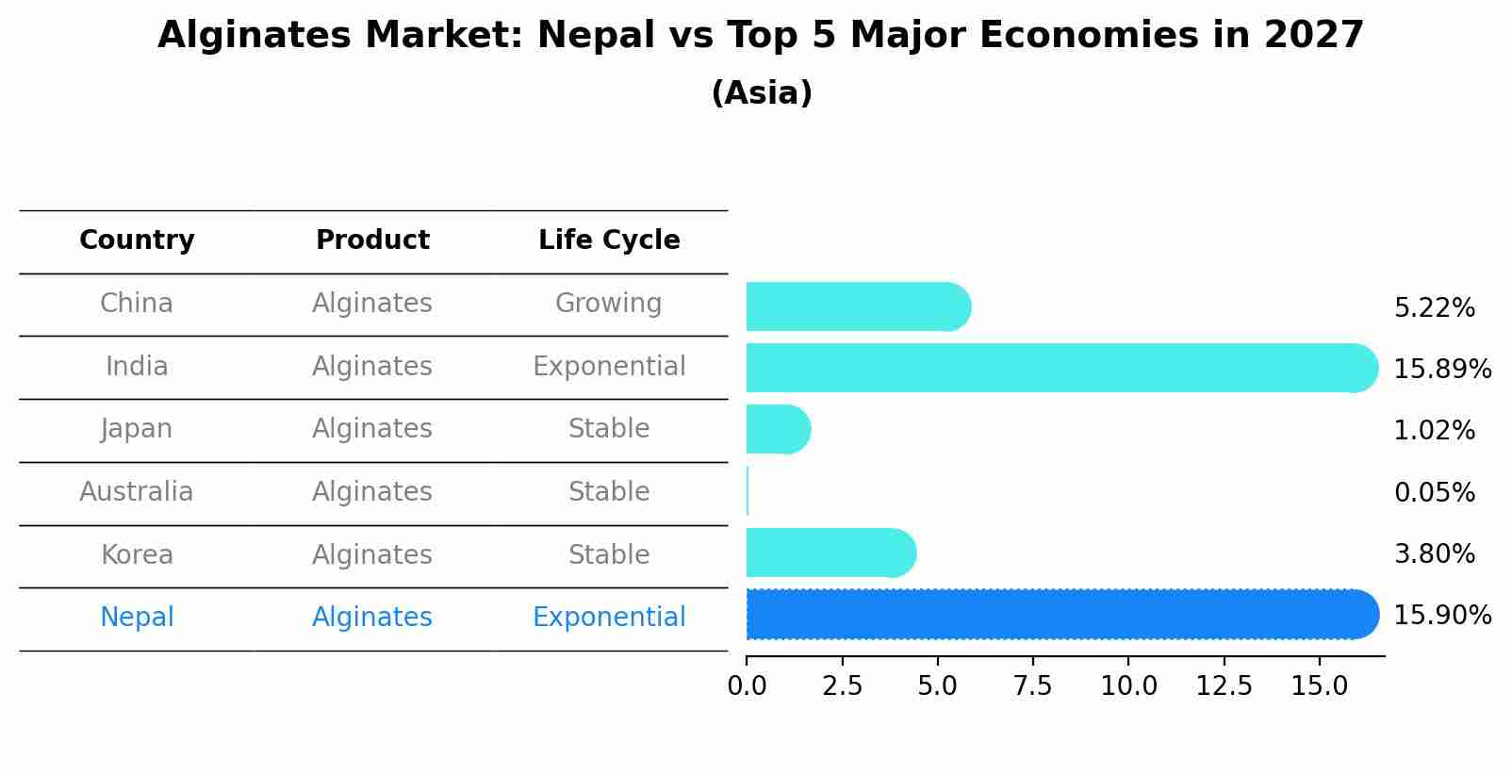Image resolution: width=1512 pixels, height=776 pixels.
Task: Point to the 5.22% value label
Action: (1434, 308)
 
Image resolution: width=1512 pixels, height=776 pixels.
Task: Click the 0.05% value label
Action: (1434, 492)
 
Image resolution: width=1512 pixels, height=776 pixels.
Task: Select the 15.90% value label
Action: (1442, 616)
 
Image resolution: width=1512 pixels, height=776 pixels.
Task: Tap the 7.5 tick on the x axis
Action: (1032, 686)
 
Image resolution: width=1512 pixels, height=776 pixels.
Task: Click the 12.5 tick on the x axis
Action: (1224, 686)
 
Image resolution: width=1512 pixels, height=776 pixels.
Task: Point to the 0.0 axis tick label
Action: (747, 686)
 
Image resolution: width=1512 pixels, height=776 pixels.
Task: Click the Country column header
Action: (137, 240)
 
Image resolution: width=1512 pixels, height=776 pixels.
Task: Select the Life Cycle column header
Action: (609, 240)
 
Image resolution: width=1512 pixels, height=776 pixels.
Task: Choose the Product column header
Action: (372, 240)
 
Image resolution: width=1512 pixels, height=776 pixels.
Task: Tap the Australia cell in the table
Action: (137, 492)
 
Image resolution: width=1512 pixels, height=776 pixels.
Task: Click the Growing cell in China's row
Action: (609, 304)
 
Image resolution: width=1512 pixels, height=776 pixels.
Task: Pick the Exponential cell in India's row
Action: (609, 367)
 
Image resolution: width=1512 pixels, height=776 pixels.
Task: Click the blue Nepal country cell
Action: (137, 618)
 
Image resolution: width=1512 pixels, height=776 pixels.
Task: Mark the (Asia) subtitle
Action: (762, 93)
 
